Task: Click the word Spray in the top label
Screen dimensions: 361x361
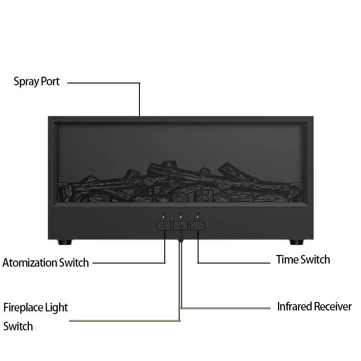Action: point(26,82)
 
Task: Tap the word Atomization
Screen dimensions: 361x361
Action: point(29,263)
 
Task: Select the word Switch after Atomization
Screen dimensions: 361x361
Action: point(74,263)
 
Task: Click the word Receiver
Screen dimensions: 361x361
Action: point(333,306)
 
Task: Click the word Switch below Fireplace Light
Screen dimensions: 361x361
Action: point(18,326)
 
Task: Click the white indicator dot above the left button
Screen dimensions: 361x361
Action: point(163,217)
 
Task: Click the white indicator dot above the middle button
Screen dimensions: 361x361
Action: point(180,217)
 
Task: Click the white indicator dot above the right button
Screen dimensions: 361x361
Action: point(198,217)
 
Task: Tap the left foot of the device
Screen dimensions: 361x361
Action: point(65,242)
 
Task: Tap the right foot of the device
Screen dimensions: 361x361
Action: point(296,242)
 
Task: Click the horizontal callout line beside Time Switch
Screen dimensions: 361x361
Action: point(234,263)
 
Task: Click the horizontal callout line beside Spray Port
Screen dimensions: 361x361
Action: point(104,83)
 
